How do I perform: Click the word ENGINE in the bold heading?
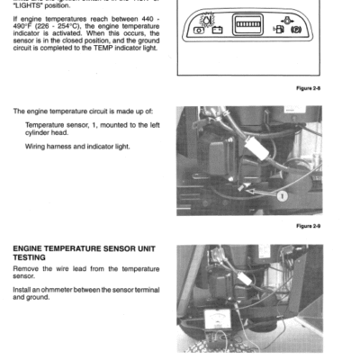(32, 247)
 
